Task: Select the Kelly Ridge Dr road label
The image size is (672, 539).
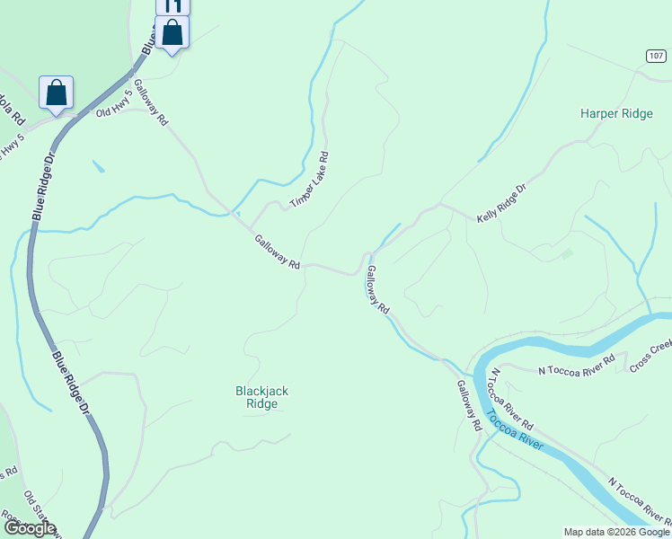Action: click(500, 205)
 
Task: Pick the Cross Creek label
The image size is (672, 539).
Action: click(650, 356)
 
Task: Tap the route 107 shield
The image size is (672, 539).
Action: click(655, 56)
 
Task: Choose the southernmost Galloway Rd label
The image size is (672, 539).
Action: click(469, 407)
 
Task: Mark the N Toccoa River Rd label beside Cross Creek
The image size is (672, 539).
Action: click(576, 365)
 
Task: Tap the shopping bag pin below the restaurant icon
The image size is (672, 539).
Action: click(172, 34)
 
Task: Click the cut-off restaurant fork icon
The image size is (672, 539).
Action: click(172, 5)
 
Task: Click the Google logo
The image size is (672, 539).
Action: click(29, 528)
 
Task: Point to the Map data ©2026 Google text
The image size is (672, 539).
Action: click(615, 532)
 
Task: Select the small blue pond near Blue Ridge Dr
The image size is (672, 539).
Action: click(97, 166)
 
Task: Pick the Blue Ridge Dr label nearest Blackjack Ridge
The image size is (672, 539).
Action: click(71, 381)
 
